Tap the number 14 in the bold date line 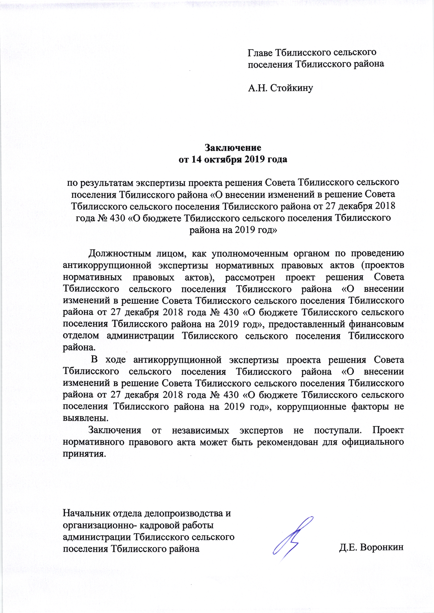click(196, 159)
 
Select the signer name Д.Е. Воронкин click(371, 547)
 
